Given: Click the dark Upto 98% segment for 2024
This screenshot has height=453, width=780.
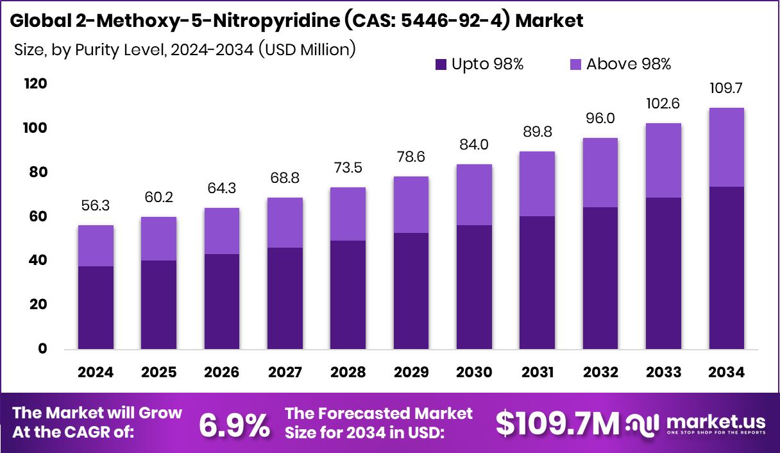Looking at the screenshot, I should (x=96, y=307).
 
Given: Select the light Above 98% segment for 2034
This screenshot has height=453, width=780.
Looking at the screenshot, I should (x=727, y=147).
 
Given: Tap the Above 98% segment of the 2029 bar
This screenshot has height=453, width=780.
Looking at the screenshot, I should (x=411, y=205).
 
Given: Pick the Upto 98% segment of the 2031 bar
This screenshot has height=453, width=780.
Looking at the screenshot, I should (x=538, y=282).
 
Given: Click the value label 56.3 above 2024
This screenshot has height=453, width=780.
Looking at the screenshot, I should (x=96, y=205).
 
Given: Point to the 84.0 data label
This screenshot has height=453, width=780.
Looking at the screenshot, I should (x=474, y=145).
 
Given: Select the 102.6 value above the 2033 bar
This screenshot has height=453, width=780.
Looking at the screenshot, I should (x=663, y=104).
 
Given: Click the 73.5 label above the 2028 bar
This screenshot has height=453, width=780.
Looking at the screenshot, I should (x=348, y=168).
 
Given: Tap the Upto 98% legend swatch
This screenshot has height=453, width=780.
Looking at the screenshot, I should (x=441, y=64).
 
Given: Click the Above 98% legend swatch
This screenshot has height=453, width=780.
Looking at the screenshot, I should (x=575, y=64).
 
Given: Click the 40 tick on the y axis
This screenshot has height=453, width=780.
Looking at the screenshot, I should (x=38, y=261).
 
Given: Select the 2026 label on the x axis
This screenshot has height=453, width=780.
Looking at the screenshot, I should (x=221, y=373).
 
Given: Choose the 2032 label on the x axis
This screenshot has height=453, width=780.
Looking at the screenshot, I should (x=600, y=373).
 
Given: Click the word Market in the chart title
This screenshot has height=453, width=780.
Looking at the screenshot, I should (x=549, y=21).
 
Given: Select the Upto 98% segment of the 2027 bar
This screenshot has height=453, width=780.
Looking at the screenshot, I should (x=285, y=298).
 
